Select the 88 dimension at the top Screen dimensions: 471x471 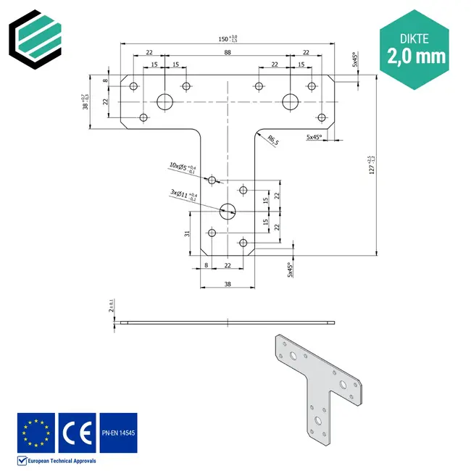coord(228,52)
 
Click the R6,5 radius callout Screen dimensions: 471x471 coord(273,139)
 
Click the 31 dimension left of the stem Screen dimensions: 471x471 coord(186,233)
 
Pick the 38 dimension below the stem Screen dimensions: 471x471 coord(228,283)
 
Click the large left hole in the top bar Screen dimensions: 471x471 coord(165,101)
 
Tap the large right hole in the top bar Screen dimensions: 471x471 coord(291,101)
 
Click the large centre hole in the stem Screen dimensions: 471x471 coord(228,212)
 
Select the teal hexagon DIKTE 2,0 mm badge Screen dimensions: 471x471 coord(416,47)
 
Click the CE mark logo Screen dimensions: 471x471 coord(77,432)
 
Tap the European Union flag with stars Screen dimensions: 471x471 coord(36,432)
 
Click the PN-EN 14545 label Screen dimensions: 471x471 coord(118,432)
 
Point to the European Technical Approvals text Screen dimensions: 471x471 coord(62,461)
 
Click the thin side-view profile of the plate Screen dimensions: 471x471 coord(228,322)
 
